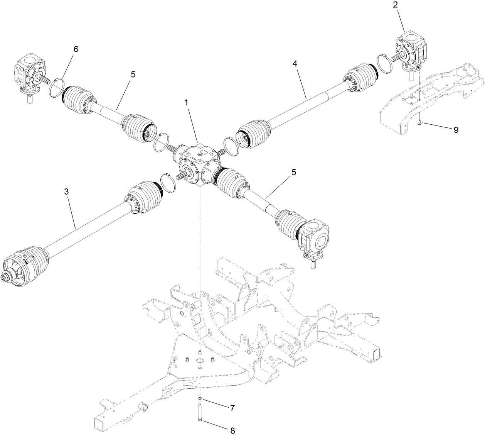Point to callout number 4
click(295, 64)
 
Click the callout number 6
click(76, 49)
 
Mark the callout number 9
click(456, 130)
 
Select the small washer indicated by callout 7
click(199, 398)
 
